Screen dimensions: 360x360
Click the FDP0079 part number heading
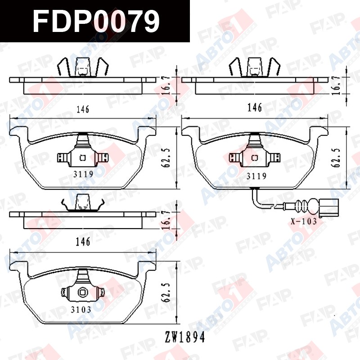coord(96,21)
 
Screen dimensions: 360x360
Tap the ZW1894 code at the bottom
coord(185,337)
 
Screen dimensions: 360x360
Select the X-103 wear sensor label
coord(304,221)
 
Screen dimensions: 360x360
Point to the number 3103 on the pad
coord(81,310)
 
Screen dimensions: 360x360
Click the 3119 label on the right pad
coord(256,176)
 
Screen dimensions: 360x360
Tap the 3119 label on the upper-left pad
coord(83,175)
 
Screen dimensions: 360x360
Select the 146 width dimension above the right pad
coord(255,108)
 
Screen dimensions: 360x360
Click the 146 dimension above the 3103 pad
coord(83,242)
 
